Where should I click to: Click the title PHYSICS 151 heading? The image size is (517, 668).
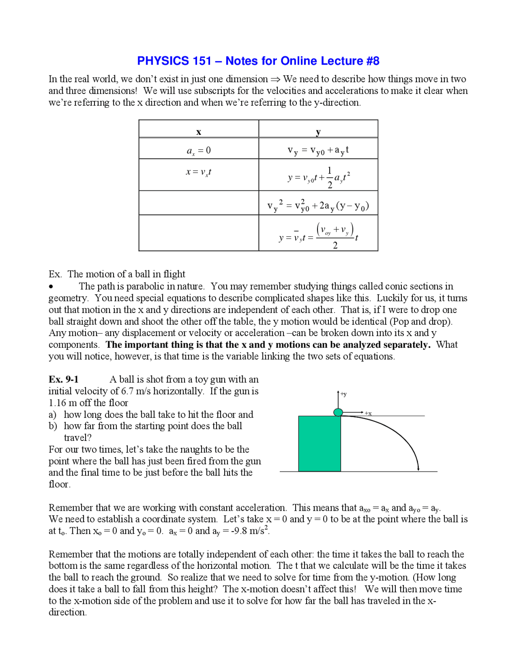pos(258,61)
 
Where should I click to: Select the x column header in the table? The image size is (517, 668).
pos(198,132)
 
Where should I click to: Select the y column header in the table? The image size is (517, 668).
pos(318,132)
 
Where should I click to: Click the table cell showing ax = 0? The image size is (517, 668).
pos(198,150)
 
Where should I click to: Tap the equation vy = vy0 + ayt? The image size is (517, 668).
pos(318,150)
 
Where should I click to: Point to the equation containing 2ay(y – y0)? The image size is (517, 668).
pos(318,206)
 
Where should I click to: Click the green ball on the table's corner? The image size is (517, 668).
pos(338,412)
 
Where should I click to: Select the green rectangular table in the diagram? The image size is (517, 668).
pos(319,443)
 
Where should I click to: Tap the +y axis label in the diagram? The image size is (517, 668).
pos(343,394)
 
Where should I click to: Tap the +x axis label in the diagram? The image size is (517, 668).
pos(368,413)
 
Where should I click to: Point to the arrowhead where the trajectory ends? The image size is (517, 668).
pos(418,468)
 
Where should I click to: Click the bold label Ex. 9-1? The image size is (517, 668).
pos(63,379)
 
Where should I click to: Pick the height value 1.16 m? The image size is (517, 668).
pos(63,403)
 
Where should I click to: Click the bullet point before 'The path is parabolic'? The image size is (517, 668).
pos(51,287)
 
